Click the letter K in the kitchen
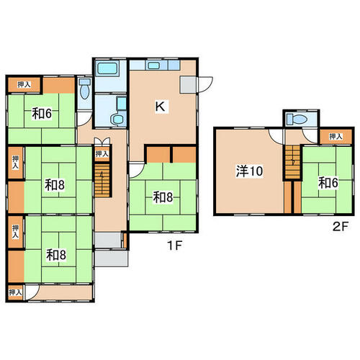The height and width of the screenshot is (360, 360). point(160,107)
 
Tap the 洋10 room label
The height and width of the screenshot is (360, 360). point(249,171)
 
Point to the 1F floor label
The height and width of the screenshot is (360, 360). point(174,246)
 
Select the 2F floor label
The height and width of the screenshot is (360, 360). point(340,227)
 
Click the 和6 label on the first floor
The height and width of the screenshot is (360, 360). point(42,114)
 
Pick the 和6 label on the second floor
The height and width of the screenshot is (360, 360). point(328,183)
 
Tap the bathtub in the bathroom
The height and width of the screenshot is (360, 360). point(107,68)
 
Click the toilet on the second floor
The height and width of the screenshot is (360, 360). point(297,119)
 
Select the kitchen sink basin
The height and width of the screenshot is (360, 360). point(153,66)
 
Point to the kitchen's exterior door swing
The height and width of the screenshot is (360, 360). point(205,84)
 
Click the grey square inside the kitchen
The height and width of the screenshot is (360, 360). point(188,84)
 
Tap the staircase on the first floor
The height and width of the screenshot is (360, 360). point(102,180)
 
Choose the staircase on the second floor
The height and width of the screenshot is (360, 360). point(292,162)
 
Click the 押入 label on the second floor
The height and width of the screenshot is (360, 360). point(336,137)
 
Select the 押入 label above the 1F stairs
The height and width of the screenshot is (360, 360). point(102,154)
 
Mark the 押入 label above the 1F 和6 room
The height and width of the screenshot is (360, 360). point(24,84)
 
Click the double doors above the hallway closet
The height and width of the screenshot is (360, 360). point(102,141)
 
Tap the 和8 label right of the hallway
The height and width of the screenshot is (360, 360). point(163,197)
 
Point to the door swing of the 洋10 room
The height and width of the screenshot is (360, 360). point(276,137)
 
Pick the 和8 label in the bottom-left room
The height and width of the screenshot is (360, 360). point(55,255)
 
